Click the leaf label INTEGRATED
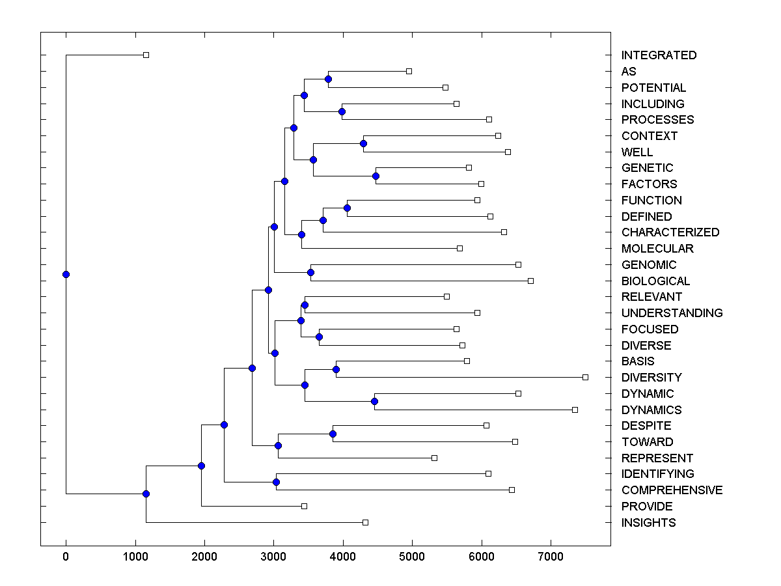coord(659,55)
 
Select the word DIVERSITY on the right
coord(651,378)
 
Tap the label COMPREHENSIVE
coord(672,490)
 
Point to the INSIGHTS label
coord(648,523)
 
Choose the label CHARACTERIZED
coord(670,232)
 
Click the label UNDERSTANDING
coord(672,313)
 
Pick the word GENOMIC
coord(649,265)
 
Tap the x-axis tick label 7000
coord(551,557)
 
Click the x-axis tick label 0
coord(66,557)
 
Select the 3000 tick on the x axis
coord(273,557)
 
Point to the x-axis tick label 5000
coord(412,557)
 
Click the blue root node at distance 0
coord(66,274)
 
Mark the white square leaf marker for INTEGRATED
coord(146,55)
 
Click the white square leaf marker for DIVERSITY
coord(585,377)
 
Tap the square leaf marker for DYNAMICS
coord(575,410)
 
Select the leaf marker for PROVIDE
coord(304,506)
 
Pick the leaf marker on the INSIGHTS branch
coord(365,522)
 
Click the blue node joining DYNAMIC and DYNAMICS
coord(374,401)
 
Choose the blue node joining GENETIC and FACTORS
coord(376,176)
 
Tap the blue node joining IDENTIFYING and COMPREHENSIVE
coord(276,482)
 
